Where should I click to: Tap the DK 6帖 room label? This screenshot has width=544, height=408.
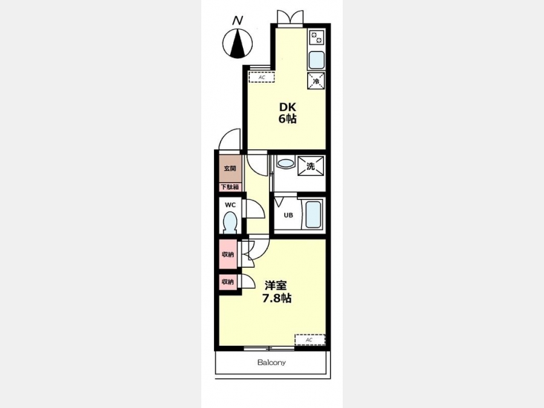click(287, 113)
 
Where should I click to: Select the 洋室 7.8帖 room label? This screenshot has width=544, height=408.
click(276, 292)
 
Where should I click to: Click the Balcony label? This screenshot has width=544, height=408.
click(271, 363)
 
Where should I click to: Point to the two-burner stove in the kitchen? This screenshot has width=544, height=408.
click(317, 37)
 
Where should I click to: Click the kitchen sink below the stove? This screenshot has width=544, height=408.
click(316, 60)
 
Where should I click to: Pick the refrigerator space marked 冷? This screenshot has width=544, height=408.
click(316, 80)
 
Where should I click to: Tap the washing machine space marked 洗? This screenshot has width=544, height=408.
click(311, 166)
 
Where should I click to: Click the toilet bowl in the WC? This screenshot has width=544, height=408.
click(230, 222)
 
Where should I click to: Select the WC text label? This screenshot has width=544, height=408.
click(230, 205)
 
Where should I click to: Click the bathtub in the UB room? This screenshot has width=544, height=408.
click(313, 214)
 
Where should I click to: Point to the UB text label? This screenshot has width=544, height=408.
click(288, 215)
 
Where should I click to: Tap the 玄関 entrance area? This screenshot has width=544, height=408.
click(230, 169)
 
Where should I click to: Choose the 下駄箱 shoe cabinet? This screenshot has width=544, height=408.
click(230, 187)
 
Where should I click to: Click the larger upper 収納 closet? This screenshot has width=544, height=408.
click(228, 254)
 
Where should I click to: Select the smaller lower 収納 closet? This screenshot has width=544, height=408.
click(228, 282)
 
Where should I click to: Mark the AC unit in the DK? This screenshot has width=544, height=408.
click(262, 77)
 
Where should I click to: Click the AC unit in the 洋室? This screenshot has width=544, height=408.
click(310, 340)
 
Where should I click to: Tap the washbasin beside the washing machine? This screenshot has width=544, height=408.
click(285, 163)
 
